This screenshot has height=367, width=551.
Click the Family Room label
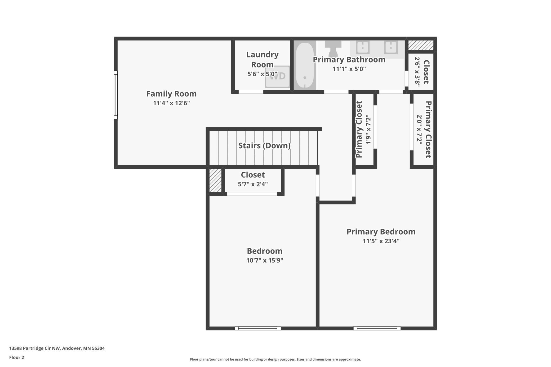pyautogui.click(x=171, y=94)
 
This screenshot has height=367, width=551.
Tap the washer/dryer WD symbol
pyautogui.click(x=277, y=77)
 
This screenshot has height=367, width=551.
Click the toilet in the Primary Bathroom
pyautogui.click(x=333, y=48)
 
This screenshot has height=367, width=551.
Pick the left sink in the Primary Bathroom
pyautogui.click(x=363, y=47)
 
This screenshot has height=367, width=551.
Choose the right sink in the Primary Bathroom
pyautogui.click(x=391, y=47)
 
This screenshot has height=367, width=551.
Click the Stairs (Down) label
pyautogui.click(x=264, y=146)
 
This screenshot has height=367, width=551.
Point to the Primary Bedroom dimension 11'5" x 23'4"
pyautogui.click(x=381, y=241)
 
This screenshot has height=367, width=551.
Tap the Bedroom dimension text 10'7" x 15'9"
pyautogui.click(x=265, y=260)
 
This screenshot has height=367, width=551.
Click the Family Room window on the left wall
pyautogui.click(x=116, y=95)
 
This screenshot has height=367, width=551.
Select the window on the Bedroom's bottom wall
pyautogui.click(x=258, y=328)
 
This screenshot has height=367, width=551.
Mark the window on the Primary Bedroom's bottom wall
pyautogui.click(x=377, y=328)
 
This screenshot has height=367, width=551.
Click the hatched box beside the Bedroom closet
pyautogui.click(x=215, y=180)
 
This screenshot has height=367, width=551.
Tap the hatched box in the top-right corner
pyautogui.click(x=421, y=45)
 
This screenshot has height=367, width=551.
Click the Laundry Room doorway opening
pyautogui.click(x=251, y=92)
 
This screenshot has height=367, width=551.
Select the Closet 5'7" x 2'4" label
pyautogui.click(x=253, y=179)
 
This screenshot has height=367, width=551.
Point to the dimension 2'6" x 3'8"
pyautogui.click(x=417, y=72)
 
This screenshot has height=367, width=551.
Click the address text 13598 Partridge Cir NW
pyautogui.click(x=35, y=348)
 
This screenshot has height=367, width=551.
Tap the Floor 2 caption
pyautogui.click(x=17, y=357)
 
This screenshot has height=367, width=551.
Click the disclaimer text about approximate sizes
pyautogui.click(x=275, y=359)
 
